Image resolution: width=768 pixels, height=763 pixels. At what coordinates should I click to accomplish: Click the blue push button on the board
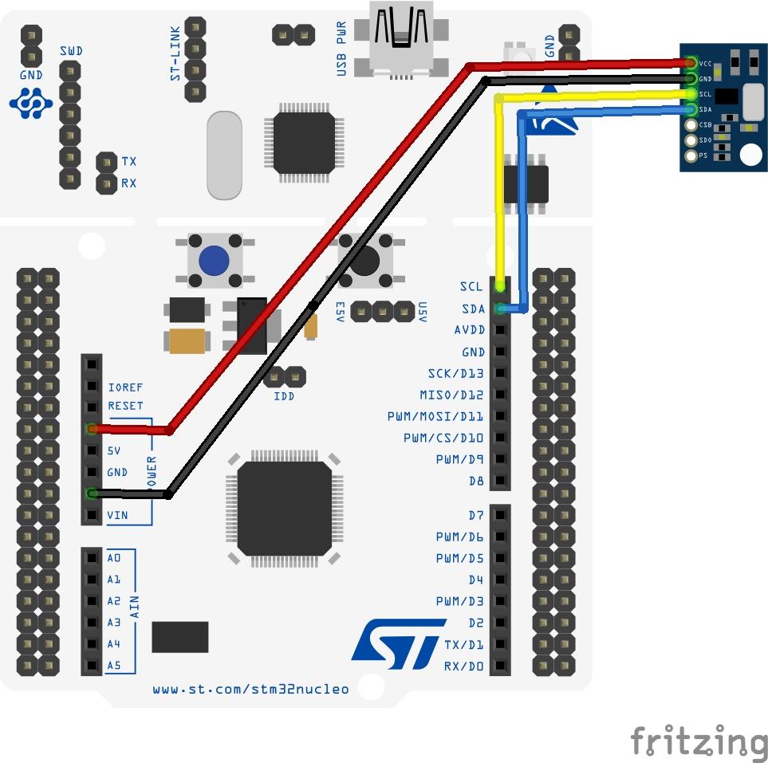coord(214,259)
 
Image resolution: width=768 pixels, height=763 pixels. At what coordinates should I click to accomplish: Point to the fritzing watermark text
coord(699,741)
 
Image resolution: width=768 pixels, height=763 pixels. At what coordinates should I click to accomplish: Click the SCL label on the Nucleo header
coord(471,286)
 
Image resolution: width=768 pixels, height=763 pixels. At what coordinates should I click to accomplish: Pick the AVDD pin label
coord(469,330)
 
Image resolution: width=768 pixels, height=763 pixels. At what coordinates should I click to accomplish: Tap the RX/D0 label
coord(463,666)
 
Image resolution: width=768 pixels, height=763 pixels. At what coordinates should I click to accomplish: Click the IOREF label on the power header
coord(125,387)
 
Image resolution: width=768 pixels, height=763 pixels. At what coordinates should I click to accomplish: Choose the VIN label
coord(117,516)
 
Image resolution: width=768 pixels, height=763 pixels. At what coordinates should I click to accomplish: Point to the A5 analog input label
coord(114,666)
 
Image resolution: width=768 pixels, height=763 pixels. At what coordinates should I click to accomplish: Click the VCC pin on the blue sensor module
coord(691,63)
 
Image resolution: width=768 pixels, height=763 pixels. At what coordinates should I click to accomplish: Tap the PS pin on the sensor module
coord(691,155)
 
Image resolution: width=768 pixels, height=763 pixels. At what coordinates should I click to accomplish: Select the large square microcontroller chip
coord(285,508)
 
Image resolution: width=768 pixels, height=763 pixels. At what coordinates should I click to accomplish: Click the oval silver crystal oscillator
coord(224,155)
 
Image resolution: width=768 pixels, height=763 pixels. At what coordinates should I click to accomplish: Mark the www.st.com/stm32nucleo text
coord(250,689)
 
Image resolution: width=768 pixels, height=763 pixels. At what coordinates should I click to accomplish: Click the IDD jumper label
coord(284,395)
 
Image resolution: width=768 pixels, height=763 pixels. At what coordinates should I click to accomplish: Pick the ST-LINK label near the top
coord(176,58)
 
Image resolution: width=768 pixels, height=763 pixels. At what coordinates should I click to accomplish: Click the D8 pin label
coord(476,481)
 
